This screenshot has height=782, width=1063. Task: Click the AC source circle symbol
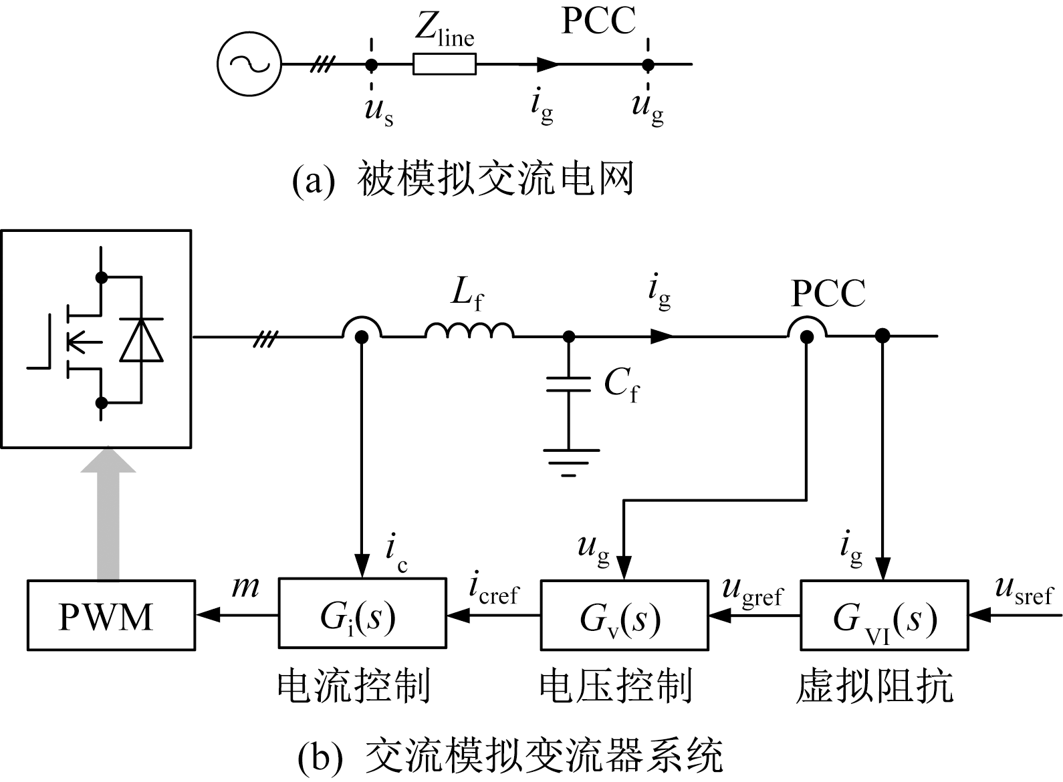(249, 64)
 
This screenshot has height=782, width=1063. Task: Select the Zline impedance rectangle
(445, 64)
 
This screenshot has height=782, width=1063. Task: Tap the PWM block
(111, 615)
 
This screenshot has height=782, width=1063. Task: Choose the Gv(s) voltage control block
(624, 615)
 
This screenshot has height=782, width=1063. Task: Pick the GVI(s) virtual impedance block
(884, 615)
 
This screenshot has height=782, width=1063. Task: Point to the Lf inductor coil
(469, 331)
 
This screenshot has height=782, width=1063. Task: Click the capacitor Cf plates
(568, 384)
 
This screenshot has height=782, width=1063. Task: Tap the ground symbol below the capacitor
(569, 462)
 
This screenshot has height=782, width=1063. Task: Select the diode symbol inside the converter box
(141, 341)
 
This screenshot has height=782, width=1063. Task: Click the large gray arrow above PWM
(108, 515)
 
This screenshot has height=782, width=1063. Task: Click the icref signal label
(493, 590)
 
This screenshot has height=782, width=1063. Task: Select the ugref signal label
(752, 591)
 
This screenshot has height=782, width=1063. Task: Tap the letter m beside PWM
(245, 587)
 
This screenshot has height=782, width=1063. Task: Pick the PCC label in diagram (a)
(598, 21)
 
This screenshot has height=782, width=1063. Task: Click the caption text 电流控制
(354, 686)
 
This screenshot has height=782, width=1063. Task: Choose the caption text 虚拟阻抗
(874, 686)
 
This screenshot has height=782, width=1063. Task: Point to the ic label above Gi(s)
(396, 553)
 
